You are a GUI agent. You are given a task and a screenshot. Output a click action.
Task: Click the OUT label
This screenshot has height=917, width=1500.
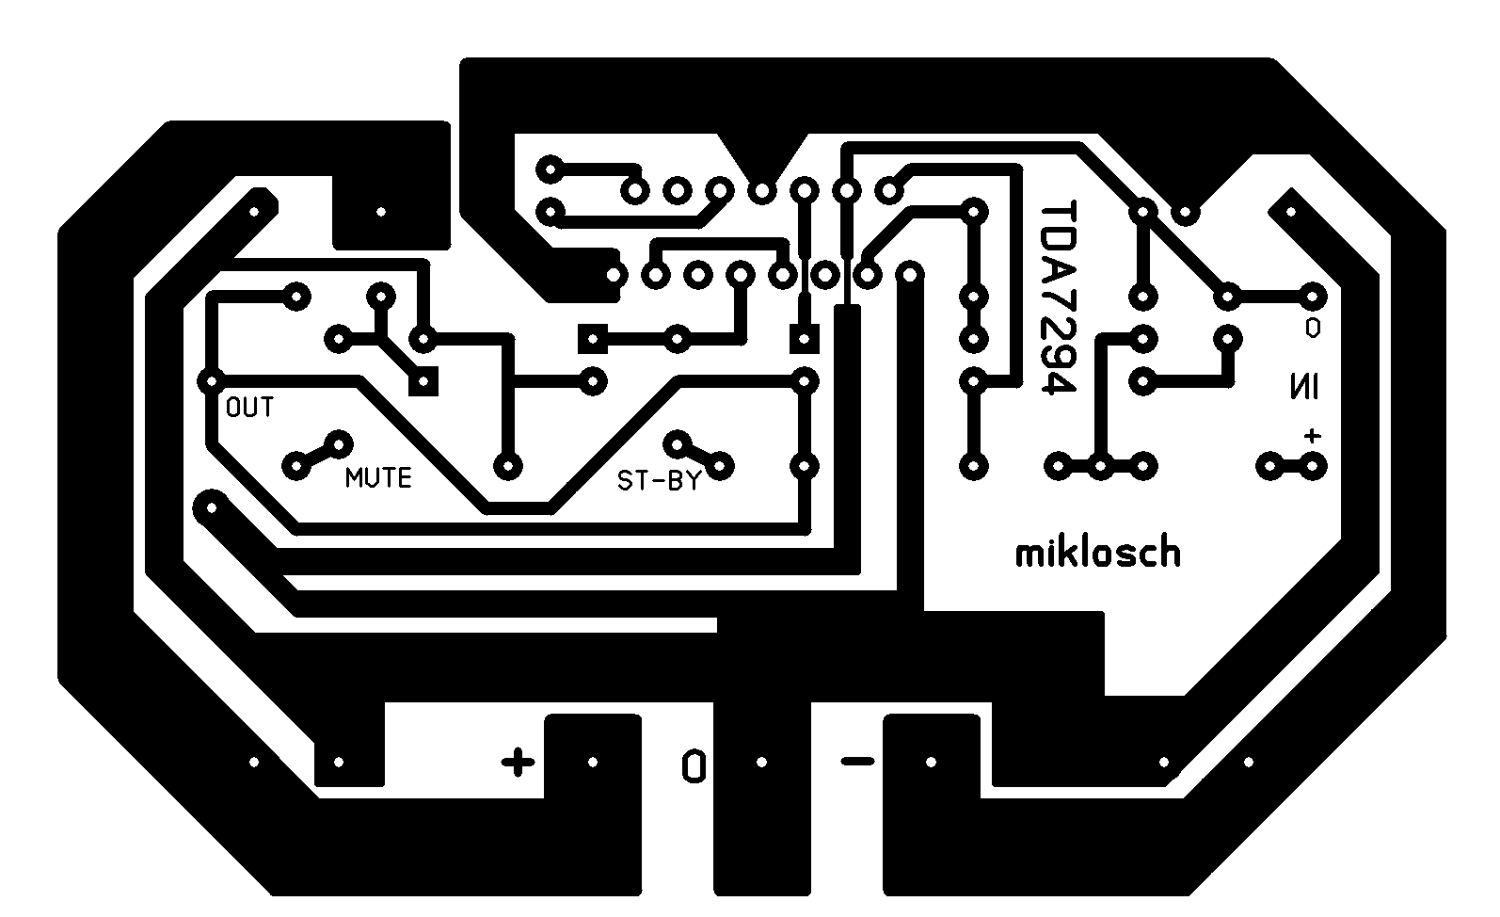click(x=249, y=408)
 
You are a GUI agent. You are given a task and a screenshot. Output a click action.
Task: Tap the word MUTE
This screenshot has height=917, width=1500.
click(x=378, y=477)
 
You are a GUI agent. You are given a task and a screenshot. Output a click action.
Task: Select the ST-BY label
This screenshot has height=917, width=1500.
click(x=659, y=481)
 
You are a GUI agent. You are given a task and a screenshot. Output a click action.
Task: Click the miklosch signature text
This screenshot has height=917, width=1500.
click(x=1097, y=552)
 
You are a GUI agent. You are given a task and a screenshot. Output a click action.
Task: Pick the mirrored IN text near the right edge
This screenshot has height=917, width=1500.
click(x=1304, y=386)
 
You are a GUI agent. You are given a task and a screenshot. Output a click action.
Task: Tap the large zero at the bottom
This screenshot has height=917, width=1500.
click(x=694, y=765)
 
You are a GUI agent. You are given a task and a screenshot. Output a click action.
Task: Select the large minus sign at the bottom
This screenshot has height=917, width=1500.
click(x=856, y=761)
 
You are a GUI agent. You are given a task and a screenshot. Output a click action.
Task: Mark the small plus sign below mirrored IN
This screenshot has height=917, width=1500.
click(x=1312, y=436)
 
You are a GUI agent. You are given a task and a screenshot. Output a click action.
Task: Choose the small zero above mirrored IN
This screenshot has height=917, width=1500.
click(x=1312, y=328)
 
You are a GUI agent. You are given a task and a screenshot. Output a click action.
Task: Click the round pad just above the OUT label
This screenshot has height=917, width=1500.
click(x=211, y=381)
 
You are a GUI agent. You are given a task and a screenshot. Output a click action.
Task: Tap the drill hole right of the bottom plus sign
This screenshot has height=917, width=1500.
click(x=593, y=762)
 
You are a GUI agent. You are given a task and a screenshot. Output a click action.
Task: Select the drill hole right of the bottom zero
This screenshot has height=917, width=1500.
click(x=761, y=762)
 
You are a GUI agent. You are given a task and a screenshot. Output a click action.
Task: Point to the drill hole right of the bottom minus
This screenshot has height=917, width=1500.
click(x=931, y=762)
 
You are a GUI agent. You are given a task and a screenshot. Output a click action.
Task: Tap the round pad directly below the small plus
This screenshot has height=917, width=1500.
click(x=1312, y=465)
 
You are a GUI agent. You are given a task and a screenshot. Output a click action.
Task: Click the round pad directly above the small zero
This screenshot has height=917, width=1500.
click(x=1312, y=298)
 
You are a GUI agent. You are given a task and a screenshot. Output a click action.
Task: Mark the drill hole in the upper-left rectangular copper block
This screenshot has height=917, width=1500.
click(x=380, y=212)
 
